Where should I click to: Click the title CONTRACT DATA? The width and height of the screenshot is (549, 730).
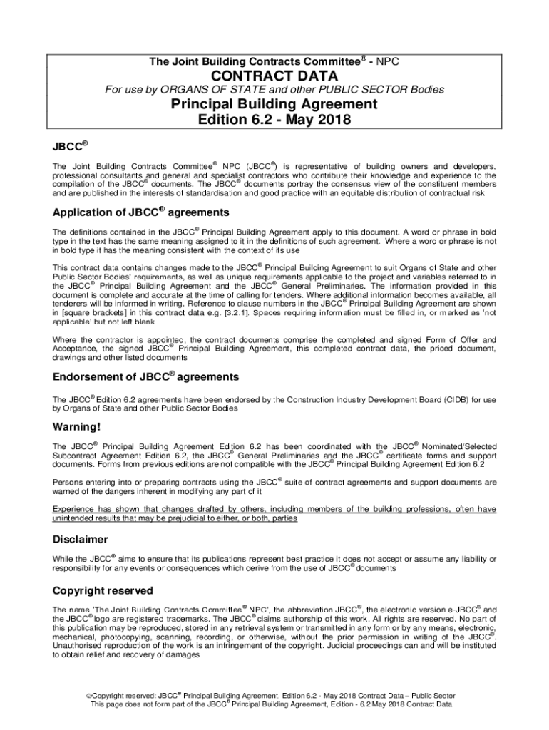coord(274,76)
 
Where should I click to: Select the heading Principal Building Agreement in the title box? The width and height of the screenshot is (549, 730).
coord(274,104)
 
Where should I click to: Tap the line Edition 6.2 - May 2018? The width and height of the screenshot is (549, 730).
coord(274,120)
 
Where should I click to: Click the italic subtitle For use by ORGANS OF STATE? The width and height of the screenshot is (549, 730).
coord(274,90)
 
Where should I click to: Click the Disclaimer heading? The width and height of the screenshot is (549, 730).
coord(81,539)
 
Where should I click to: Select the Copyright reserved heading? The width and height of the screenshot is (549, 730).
coord(103,591)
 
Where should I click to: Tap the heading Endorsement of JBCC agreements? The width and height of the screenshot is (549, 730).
coord(145,376)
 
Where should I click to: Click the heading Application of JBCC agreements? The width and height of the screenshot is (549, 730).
coord(140,212)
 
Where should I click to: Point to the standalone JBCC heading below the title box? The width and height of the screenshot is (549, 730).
coord(69,146)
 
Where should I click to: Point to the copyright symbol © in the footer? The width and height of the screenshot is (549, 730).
coord(88,696)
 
